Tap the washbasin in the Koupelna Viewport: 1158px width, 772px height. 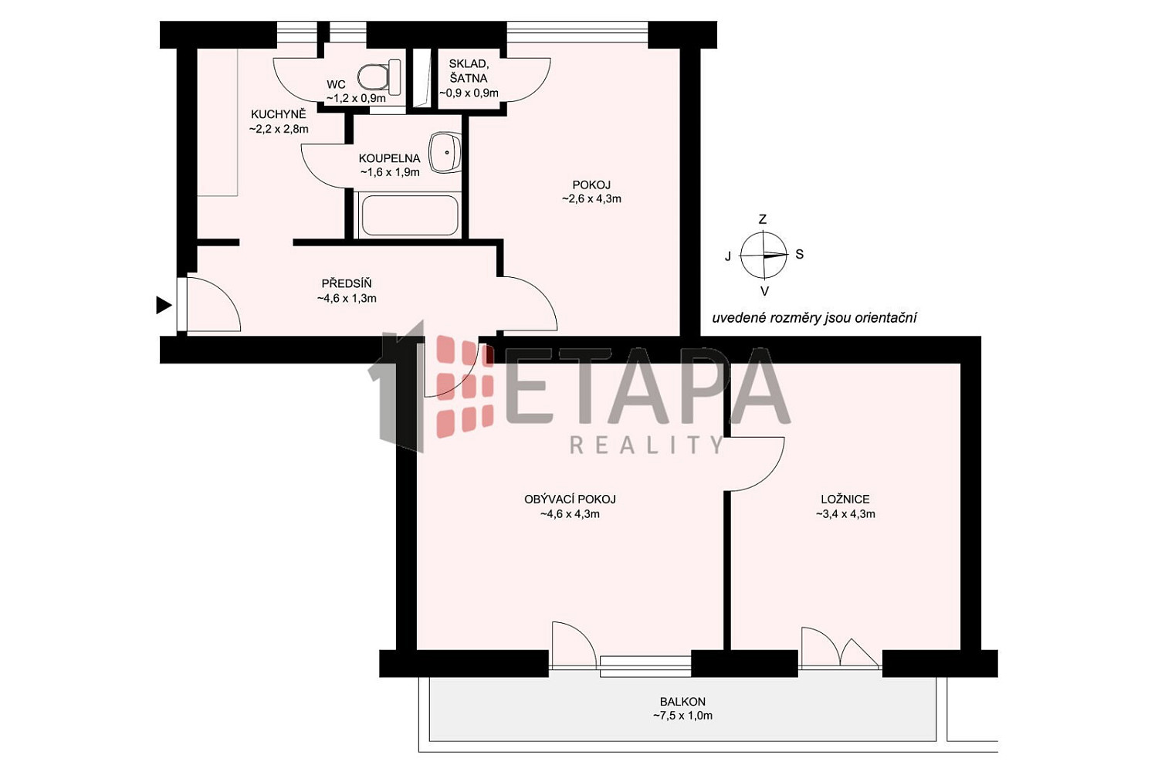tap(445, 153)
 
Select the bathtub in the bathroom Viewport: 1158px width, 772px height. tap(409, 215)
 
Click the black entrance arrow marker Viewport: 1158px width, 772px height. tap(164, 305)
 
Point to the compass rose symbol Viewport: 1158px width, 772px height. tap(764, 255)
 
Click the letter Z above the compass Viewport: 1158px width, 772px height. tap(763, 219)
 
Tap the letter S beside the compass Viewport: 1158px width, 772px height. tap(799, 255)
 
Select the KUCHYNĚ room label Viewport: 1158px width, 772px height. tap(278, 114)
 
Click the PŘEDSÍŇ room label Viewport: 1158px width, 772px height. tap(347, 283)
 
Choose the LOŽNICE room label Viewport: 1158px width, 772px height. tap(845, 499)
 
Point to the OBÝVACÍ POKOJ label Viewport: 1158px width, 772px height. tap(570, 499)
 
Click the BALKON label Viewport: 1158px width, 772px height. tap(682, 702)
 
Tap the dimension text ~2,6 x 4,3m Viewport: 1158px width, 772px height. tap(591, 198)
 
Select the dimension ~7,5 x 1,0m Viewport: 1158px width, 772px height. tap(682, 716)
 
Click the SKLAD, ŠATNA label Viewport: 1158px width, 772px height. tap(468, 71)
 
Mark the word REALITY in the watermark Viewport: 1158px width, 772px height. tap(646, 445)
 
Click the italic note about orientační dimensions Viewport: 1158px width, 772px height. tap(814, 317)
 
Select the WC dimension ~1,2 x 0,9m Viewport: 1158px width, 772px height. tap(356, 98)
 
